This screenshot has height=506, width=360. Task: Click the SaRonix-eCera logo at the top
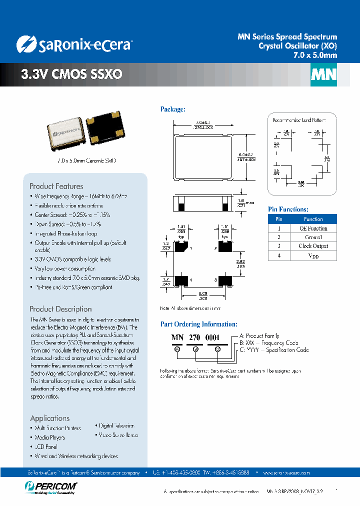[74, 44]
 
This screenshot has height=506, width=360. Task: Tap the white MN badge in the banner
[324, 75]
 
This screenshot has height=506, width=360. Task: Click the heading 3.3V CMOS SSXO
[71, 74]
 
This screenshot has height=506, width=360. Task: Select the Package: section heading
[173, 109]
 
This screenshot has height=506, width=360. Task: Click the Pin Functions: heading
[288, 209]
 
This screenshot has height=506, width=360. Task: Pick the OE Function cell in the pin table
[313, 228]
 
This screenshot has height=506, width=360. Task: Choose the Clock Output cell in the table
[313, 246]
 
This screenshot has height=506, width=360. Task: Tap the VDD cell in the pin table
[313, 255]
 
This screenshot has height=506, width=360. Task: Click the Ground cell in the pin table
[313, 237]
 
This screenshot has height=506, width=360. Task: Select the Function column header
[313, 219]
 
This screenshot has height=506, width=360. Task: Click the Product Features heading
[56, 186]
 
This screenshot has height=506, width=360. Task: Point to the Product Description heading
[60, 309]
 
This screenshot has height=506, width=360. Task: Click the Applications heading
[50, 418]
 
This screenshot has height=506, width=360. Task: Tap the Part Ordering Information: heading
[198, 324]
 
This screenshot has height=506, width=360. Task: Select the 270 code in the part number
[195, 337]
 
